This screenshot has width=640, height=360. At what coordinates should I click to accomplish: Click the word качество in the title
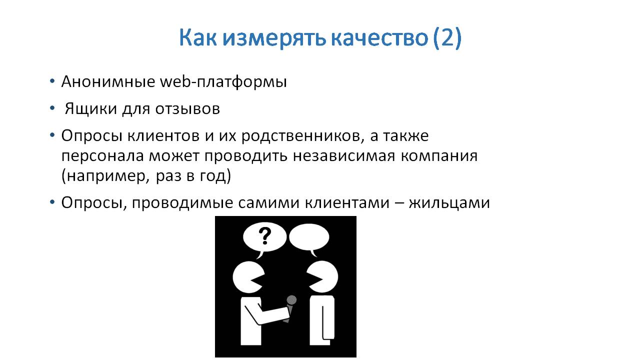coord(379,38)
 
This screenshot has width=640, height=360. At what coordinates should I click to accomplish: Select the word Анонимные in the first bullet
coord(108,81)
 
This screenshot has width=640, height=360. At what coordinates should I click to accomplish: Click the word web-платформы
coord(223,81)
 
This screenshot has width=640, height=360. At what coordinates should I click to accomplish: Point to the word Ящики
coord(91,109)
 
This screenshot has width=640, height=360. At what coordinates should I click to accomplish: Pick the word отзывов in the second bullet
coord(187,109)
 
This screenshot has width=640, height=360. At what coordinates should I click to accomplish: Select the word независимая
coord(344,156)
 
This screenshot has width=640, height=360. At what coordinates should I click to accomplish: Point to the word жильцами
coord(449,203)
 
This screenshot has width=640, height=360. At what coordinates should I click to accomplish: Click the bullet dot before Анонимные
coord(52,81)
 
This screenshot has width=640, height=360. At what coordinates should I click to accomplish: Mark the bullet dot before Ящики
coord(52,108)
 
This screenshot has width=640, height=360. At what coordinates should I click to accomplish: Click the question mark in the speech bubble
coord(265,236)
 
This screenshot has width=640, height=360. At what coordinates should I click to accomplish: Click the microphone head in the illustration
coord(291,300)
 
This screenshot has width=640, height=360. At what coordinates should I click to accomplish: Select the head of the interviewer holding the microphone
coord(248,277)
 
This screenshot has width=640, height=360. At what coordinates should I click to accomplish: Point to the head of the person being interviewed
coord(322,277)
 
